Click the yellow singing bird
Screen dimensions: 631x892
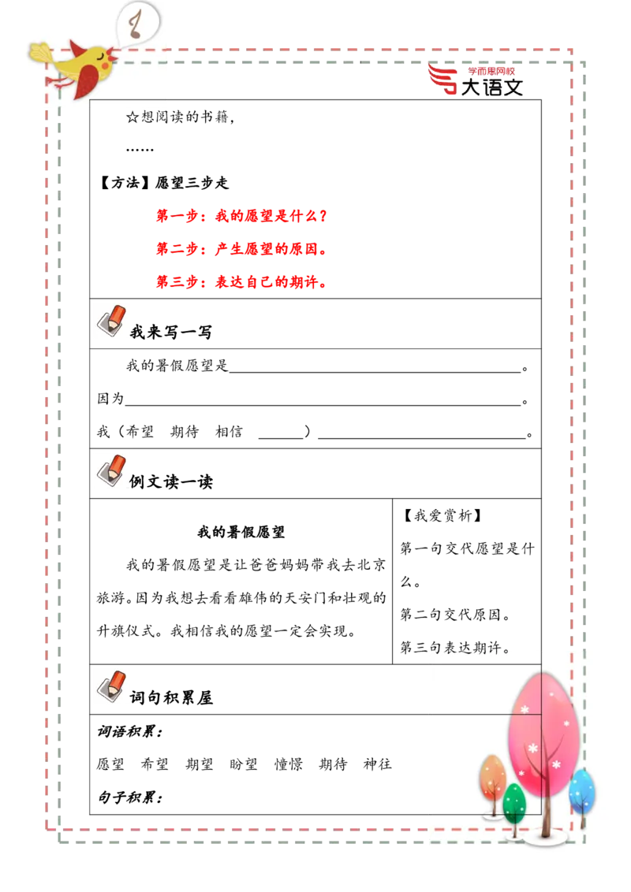click(75, 67)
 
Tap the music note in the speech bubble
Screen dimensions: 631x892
click(135, 24)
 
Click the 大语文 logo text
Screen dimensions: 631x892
click(491, 87)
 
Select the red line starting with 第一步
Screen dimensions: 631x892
click(241, 216)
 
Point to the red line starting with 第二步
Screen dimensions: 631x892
click(241, 249)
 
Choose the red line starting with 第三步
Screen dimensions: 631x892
click(241, 282)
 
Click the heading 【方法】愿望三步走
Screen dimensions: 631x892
click(164, 183)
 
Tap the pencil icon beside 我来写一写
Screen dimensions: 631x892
click(111, 320)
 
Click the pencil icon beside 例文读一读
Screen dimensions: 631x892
click(111, 470)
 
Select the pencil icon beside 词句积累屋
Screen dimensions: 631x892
click(111, 686)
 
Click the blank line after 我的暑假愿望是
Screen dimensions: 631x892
click(375, 372)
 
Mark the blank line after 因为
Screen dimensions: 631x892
click(323, 405)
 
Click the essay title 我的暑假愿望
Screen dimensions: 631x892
click(241, 532)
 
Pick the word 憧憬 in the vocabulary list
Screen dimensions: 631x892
click(288, 764)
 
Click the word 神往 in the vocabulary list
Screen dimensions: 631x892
click(378, 764)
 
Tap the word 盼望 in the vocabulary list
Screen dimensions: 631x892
click(244, 764)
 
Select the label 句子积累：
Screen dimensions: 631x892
click(130, 797)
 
